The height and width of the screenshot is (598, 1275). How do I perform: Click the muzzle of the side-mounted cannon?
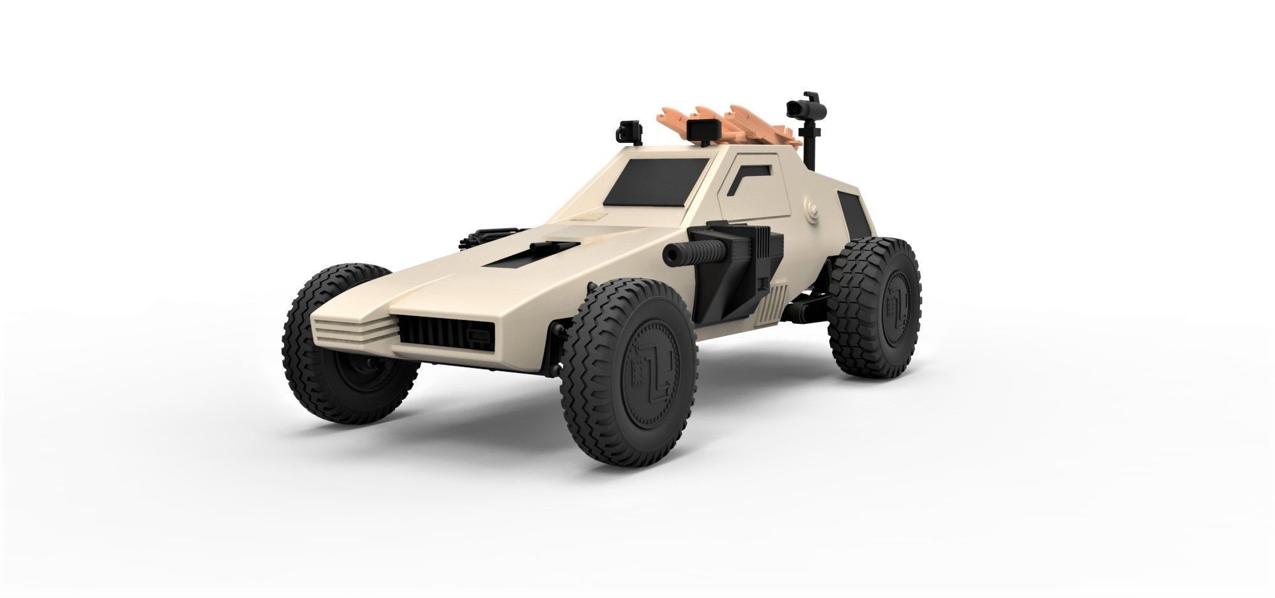670,255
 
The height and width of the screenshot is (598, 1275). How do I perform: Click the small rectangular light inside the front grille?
477,335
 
